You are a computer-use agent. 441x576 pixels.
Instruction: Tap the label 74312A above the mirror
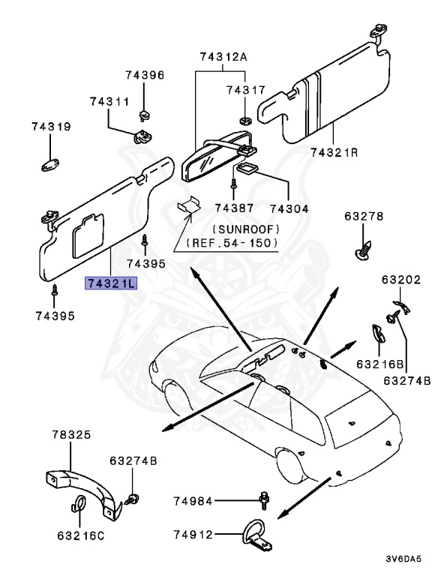(223, 57)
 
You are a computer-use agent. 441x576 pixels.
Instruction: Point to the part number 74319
(52, 127)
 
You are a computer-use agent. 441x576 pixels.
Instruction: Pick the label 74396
(145, 76)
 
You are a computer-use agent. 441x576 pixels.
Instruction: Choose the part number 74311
(109, 101)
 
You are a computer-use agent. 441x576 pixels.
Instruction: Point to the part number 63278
(364, 217)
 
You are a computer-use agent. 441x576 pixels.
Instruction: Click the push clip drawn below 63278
(363, 249)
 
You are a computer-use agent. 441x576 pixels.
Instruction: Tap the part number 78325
(71, 435)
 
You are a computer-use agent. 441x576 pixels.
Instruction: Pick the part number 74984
(193, 501)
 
